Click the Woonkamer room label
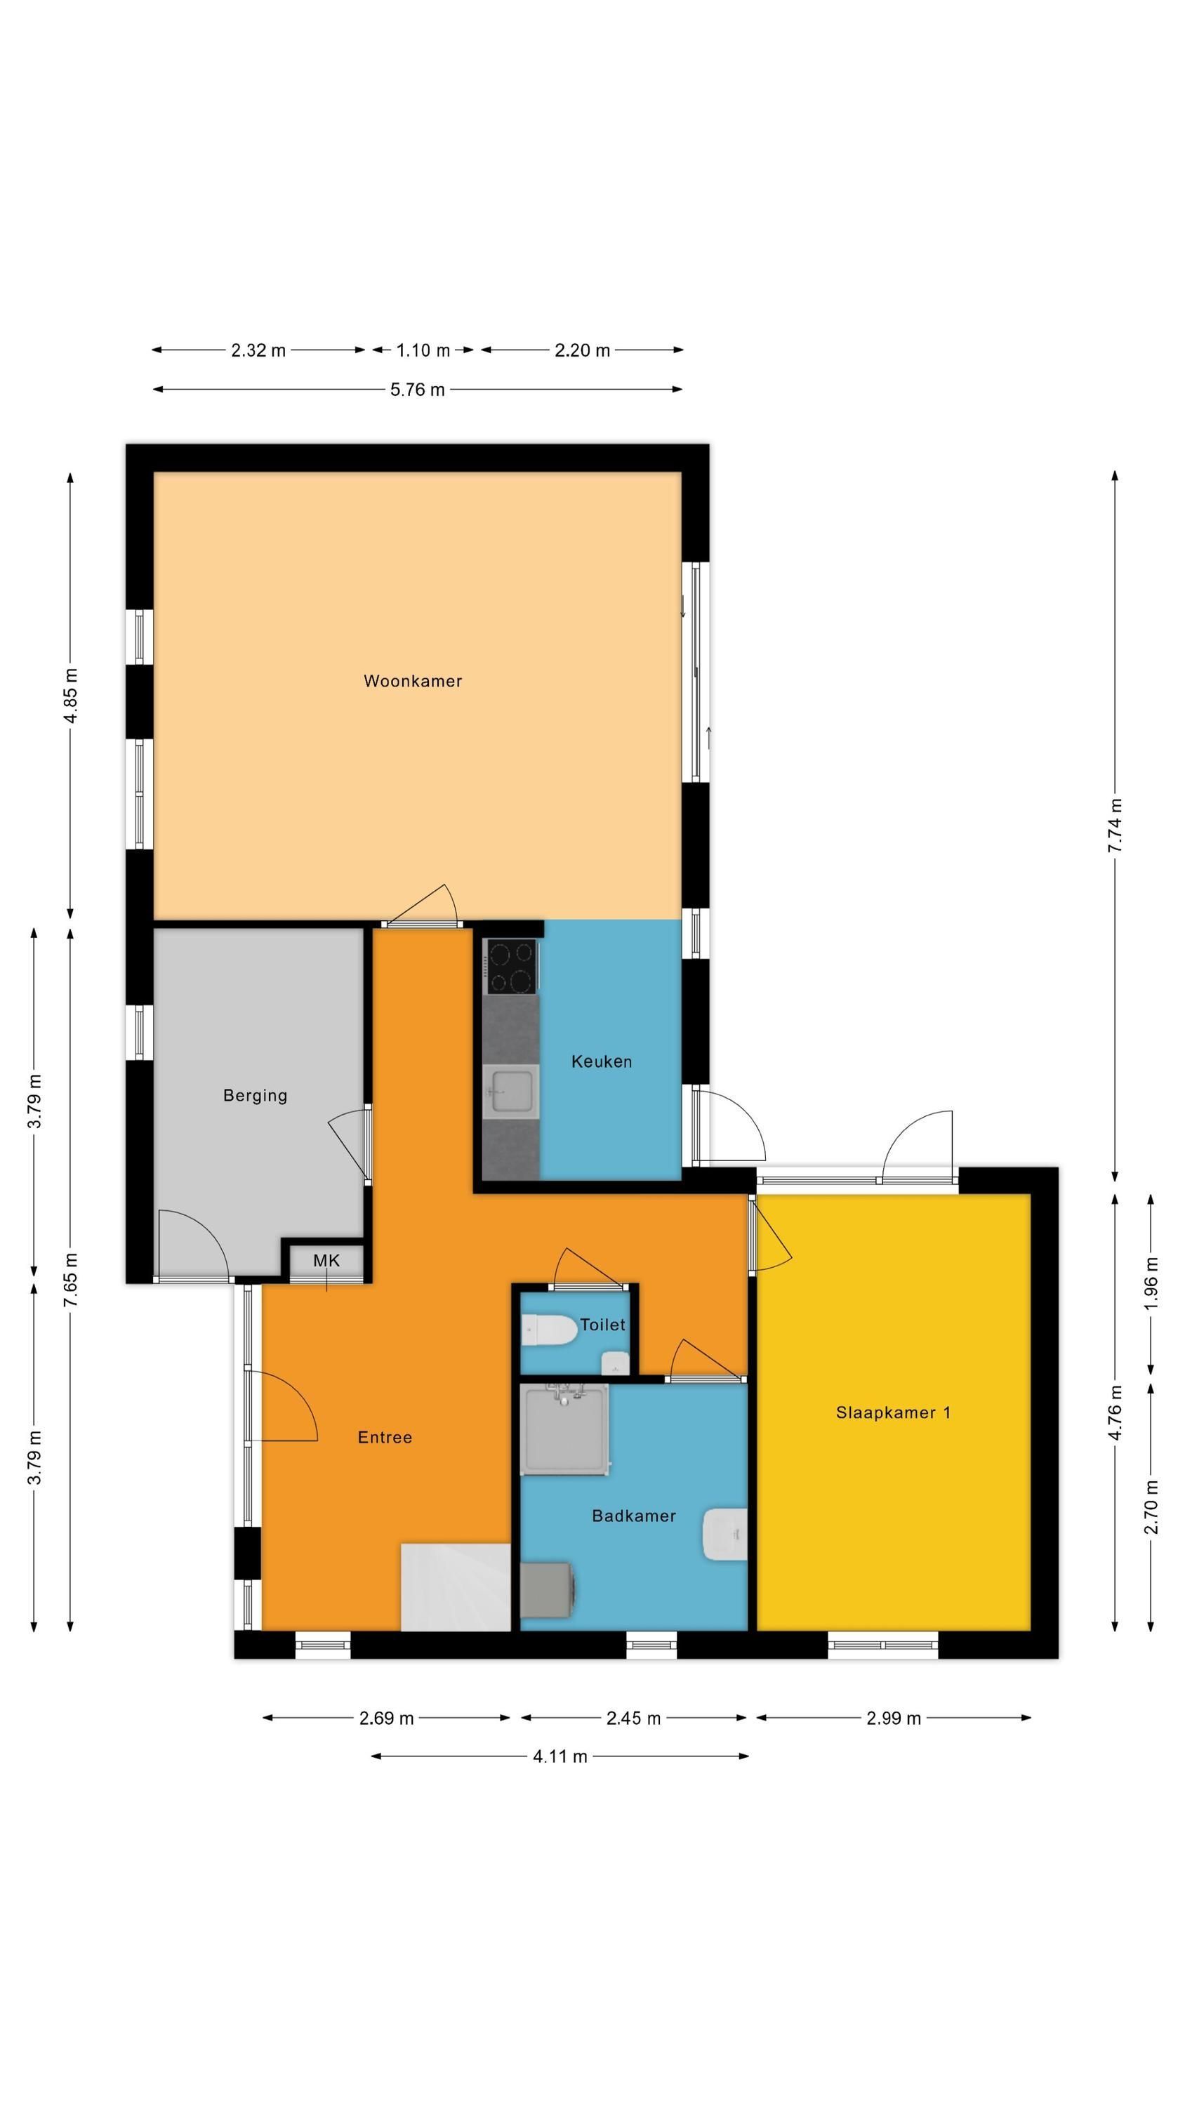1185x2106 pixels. (x=412, y=681)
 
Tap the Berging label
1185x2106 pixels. (x=255, y=1096)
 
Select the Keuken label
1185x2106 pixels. (x=601, y=1062)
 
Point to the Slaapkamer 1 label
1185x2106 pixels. (x=893, y=1412)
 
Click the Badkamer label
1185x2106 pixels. (x=634, y=1516)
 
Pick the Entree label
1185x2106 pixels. (x=385, y=1437)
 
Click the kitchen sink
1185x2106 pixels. (x=510, y=1091)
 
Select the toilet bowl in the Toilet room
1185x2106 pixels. (x=549, y=1330)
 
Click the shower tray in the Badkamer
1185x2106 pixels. (x=565, y=1429)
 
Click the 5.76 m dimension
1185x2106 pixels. (x=417, y=389)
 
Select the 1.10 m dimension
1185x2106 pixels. (x=423, y=350)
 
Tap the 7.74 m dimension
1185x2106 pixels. (x=1115, y=826)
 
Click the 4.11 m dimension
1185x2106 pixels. (x=560, y=1755)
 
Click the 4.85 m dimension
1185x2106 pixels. (x=70, y=695)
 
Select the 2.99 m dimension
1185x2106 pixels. (x=893, y=1718)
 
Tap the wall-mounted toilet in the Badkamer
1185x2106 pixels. (x=725, y=1535)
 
